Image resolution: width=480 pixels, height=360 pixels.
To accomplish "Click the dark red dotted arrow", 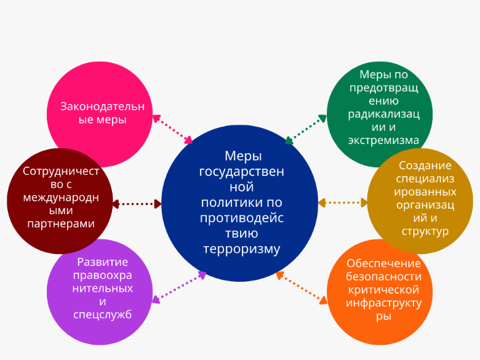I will pos(137,203).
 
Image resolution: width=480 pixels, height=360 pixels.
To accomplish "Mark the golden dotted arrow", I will pos(343,202).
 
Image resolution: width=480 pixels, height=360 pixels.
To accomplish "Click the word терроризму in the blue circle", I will pos(241,249).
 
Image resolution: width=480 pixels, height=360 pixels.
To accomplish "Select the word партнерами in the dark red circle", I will pos(61,223).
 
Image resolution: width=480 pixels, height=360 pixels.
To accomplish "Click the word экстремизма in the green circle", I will pos(383,140).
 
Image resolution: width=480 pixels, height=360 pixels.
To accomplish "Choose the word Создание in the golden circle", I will pos(425,165).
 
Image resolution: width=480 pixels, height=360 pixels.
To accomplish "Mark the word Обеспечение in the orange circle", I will pos(383,263).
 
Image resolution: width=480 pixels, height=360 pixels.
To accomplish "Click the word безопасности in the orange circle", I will pos(383,276).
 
